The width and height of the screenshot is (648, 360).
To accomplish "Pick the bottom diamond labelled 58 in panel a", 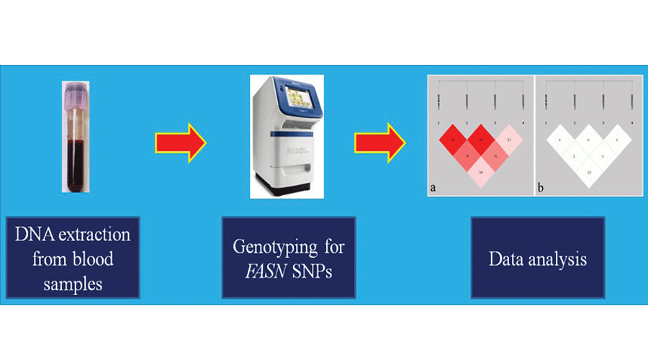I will point(481,173).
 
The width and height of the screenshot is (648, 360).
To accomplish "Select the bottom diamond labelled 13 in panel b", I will point(590,173).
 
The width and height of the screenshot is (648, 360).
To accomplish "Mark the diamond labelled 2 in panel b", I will point(574,156).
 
